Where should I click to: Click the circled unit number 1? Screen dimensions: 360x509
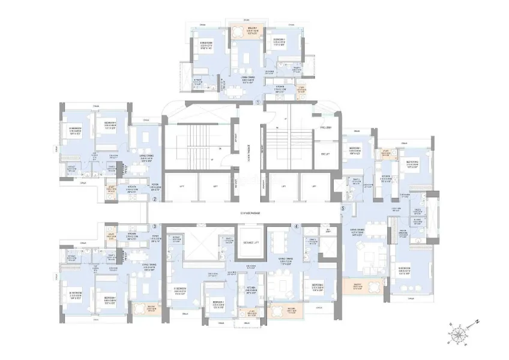point(258,103)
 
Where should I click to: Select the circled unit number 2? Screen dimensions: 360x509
point(155,199)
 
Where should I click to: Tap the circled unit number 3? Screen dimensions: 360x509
point(155,226)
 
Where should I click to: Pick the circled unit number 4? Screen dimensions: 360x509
point(297,226)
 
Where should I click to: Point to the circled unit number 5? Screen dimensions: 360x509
point(343,208)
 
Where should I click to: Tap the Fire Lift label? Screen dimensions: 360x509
point(326,154)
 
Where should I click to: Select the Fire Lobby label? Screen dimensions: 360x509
point(326,128)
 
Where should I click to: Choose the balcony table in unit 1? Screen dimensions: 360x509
point(239,34)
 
